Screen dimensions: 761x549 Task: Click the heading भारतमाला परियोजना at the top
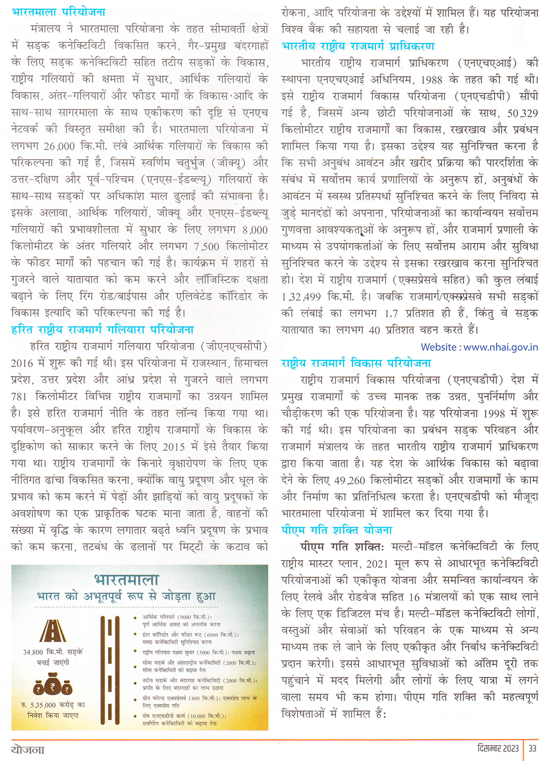[59, 12]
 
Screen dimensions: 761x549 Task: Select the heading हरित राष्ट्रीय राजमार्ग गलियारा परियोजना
[102, 330]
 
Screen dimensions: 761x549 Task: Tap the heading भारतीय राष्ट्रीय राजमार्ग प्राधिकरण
[357, 46]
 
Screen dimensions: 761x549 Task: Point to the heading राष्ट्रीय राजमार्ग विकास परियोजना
[356, 363]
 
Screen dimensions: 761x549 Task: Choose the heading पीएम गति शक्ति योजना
[337, 530]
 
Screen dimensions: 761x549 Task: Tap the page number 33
[533, 748]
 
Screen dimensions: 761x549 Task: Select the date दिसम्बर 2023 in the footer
[497, 748]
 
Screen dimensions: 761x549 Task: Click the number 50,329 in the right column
[522, 114]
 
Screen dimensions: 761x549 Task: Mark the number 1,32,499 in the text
[301, 297]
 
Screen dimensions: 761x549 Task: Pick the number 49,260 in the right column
[349, 480]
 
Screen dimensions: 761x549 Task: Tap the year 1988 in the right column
[431, 80]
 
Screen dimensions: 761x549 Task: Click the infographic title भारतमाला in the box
[126, 580]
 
